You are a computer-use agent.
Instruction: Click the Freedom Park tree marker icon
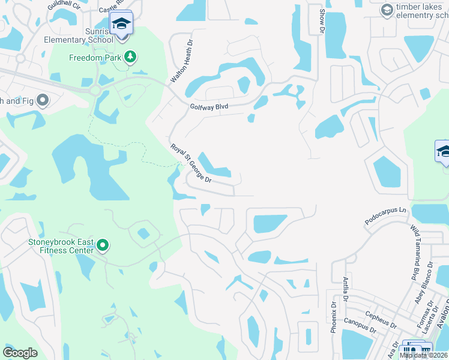click(130, 58)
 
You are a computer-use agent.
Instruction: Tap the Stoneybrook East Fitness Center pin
click(103, 245)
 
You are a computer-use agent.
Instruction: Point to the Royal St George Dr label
click(191, 163)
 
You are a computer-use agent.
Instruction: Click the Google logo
click(20, 352)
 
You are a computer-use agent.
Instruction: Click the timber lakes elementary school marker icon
click(387, 10)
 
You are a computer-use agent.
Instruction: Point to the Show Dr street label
click(322, 21)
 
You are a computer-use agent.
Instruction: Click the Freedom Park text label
click(95, 58)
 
